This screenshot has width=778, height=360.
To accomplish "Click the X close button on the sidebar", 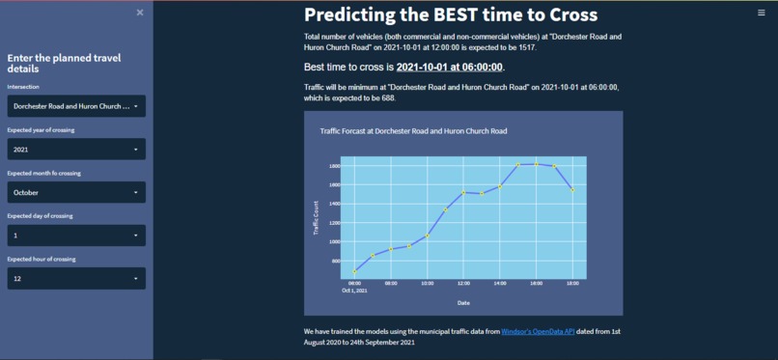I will (x=140, y=13).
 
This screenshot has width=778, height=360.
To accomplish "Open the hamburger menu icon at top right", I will (x=762, y=13).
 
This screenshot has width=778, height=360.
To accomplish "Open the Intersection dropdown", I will (x=76, y=105).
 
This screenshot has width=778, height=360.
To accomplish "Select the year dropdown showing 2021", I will (x=76, y=149).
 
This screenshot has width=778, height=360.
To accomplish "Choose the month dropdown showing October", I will (x=76, y=192).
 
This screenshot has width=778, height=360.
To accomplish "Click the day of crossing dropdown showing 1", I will (x=76, y=235).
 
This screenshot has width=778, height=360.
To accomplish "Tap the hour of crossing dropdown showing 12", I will (x=76, y=278).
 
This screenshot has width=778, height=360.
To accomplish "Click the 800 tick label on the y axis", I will (x=336, y=261).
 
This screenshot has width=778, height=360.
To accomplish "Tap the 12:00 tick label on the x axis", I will (x=463, y=284).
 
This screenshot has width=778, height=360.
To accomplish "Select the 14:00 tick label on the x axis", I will (x=499, y=284).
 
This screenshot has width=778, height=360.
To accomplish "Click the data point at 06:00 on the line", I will (x=354, y=271).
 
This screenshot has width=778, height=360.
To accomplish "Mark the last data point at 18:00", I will (x=572, y=190).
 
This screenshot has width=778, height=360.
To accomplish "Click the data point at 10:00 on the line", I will (x=428, y=235).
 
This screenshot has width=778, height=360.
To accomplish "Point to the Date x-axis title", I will (x=463, y=302).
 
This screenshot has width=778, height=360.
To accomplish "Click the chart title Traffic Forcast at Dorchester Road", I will (x=413, y=130).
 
